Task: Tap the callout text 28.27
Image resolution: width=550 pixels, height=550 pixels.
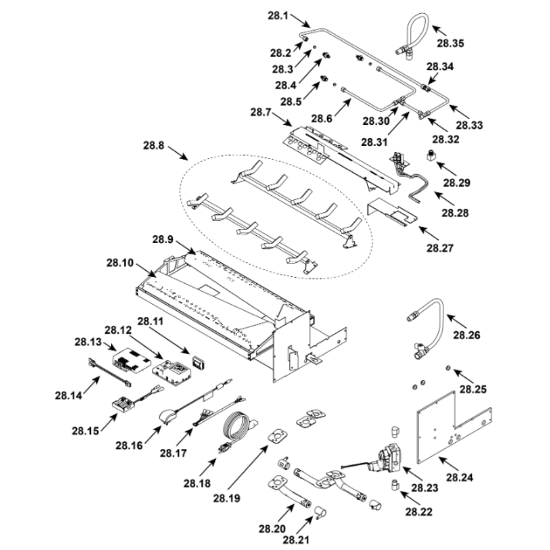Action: [x=440, y=248]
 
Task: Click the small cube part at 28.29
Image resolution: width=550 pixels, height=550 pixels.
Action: [x=430, y=156]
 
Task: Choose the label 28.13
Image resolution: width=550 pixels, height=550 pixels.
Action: [x=86, y=342]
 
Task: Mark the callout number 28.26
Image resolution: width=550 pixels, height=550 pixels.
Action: [x=466, y=334]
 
